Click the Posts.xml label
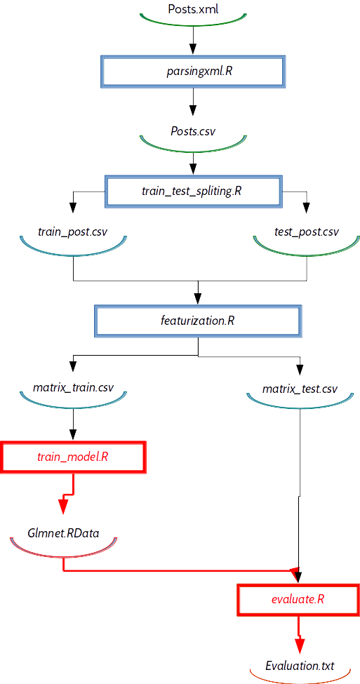pyautogui.click(x=193, y=8)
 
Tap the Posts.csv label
pyautogui.click(x=193, y=131)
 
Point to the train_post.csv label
pyautogui.click(x=72, y=232)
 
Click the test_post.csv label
pyautogui.click(x=307, y=232)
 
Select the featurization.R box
pyautogui.click(x=198, y=321)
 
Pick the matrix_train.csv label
pyautogui.click(x=73, y=387)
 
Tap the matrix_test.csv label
pyautogui.click(x=300, y=388)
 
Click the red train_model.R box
pyautogui.click(x=72, y=457)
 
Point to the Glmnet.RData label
pyautogui.click(x=64, y=533)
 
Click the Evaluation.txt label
pyautogui.click(x=300, y=666)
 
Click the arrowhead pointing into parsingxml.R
pyautogui.click(x=192, y=48)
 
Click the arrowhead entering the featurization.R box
pyautogui.click(x=198, y=299)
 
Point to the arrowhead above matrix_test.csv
pyautogui.click(x=300, y=369)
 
